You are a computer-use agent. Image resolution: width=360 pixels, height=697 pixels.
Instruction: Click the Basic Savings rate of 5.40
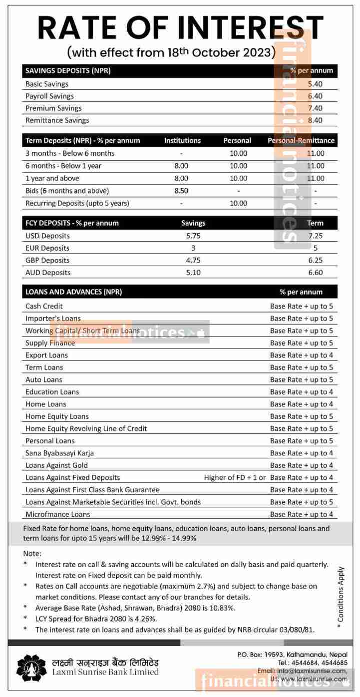pyautogui.click(x=315, y=84)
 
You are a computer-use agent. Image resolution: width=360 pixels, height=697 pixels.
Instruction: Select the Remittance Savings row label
pyautogui.click(x=57, y=120)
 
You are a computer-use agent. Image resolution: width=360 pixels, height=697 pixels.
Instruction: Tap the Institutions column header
pyautogui.click(x=182, y=141)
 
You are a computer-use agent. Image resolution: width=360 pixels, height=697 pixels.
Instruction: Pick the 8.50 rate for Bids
pyautogui.click(x=181, y=191)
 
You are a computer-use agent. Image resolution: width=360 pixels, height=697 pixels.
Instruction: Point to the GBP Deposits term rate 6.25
pyautogui.click(x=316, y=260)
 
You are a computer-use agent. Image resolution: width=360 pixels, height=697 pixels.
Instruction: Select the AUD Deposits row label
pyautogui.click(x=48, y=273)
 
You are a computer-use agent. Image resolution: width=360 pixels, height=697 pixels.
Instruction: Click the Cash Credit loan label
pyautogui.click(x=44, y=306)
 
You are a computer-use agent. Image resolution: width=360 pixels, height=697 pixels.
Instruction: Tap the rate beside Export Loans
pyautogui.click(x=301, y=355)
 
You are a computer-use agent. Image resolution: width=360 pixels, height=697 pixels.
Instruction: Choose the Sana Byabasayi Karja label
pyautogui.click(x=59, y=453)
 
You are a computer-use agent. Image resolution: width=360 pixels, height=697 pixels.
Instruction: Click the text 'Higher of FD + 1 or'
pyautogui.click(x=235, y=477)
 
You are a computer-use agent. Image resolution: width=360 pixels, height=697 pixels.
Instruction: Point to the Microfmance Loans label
pyautogui.click(x=58, y=514)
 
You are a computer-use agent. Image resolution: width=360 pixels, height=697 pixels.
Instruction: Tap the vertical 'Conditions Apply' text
pyautogui.click(x=341, y=594)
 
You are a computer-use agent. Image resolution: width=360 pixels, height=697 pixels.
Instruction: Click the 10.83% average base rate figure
pyautogui.click(x=220, y=608)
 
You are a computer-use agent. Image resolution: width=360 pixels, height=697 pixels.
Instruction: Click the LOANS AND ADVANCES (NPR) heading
pyautogui.click(x=73, y=292)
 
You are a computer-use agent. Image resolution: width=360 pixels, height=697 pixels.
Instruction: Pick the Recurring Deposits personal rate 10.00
pyautogui.click(x=239, y=203)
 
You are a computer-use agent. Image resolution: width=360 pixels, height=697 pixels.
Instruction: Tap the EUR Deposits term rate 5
pyautogui.click(x=316, y=248)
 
